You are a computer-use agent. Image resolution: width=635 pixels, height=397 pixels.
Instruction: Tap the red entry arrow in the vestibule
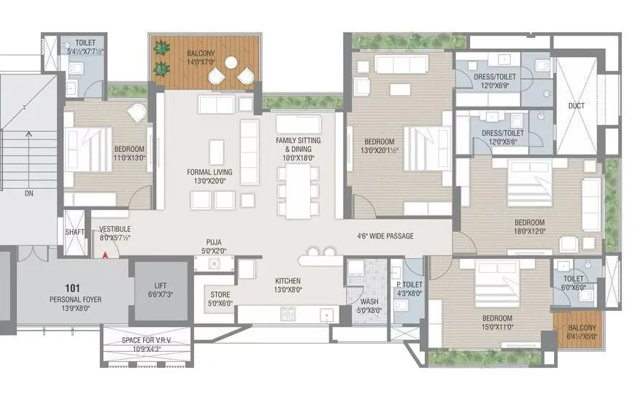(x=106, y=255)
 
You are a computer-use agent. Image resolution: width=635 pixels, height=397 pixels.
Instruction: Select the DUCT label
(x=576, y=106)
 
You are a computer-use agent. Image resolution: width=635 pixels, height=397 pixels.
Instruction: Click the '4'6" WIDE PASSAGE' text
(x=385, y=236)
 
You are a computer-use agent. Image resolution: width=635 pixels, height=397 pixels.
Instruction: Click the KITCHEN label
(x=288, y=281)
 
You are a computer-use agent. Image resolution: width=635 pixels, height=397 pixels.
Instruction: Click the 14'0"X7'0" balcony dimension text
(x=199, y=62)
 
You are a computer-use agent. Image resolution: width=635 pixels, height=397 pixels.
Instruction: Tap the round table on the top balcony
(x=232, y=63)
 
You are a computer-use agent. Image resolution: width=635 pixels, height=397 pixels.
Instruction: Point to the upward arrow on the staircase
(x=28, y=134)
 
